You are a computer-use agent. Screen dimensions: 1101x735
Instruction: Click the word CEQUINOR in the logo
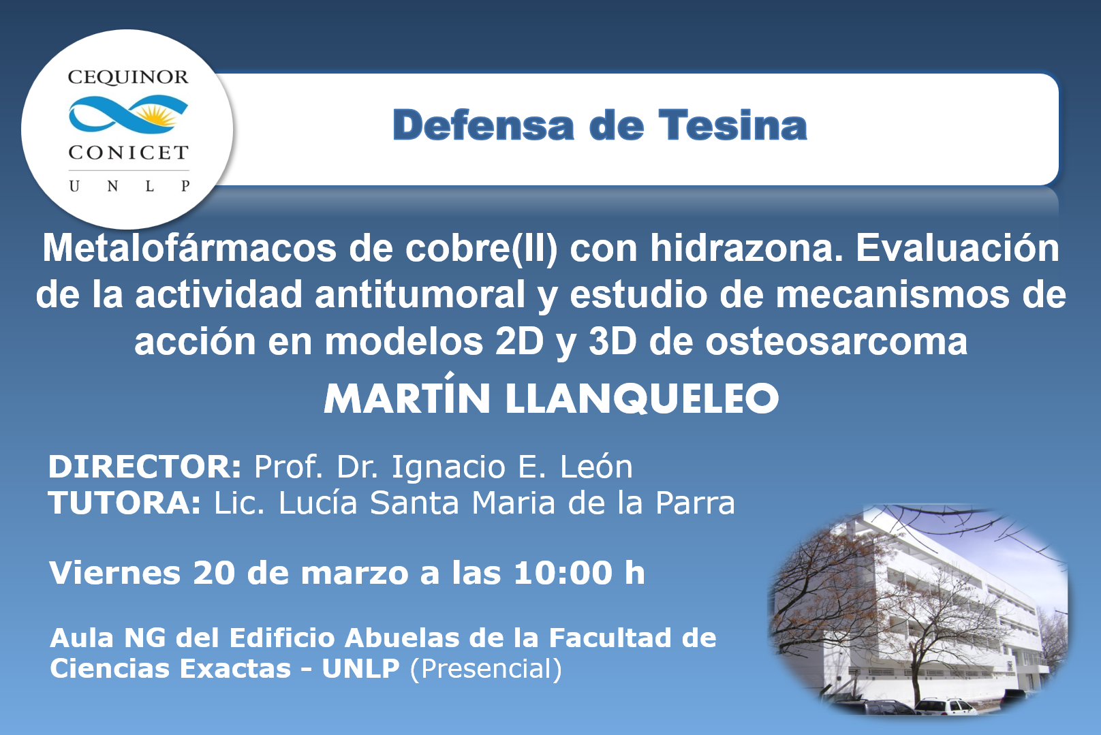pos(128,78)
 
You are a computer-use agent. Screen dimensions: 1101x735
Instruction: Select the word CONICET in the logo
pos(128,153)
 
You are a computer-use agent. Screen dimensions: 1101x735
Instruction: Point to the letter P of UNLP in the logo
pos(185,186)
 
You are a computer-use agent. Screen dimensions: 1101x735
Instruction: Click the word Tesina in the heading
pos(732,125)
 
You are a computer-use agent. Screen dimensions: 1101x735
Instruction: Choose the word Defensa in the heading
pos(483,125)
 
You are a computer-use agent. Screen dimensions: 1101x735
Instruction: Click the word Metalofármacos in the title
pos(189,248)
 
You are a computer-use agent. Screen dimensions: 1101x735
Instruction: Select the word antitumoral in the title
pos(420,295)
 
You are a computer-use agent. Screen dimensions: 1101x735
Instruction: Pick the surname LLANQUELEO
pos(642,398)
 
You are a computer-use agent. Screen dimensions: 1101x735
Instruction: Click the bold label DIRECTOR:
pos(144,466)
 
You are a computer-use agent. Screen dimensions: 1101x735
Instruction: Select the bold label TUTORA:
pos(125,503)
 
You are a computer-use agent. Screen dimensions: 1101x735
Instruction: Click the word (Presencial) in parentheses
pos(486,669)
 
